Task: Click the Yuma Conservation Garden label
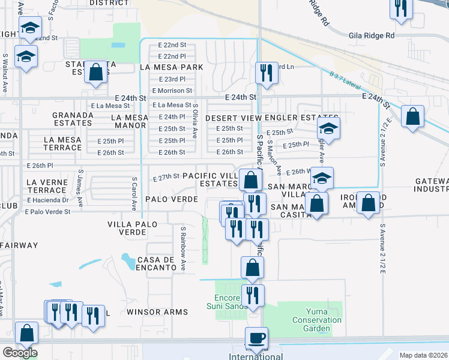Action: (x=316, y=320)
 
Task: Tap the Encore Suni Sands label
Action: (x=231, y=302)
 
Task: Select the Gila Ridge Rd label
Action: (x=372, y=36)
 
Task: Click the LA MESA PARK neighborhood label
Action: (x=171, y=67)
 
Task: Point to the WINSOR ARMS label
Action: (x=157, y=312)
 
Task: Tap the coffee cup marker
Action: (x=257, y=338)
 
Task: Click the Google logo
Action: (x=20, y=353)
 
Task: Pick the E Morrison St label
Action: (x=172, y=91)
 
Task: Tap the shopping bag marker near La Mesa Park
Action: (x=95, y=72)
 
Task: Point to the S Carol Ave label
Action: (x=134, y=194)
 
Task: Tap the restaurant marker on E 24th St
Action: (x=265, y=73)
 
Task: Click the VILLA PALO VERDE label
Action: (x=132, y=229)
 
